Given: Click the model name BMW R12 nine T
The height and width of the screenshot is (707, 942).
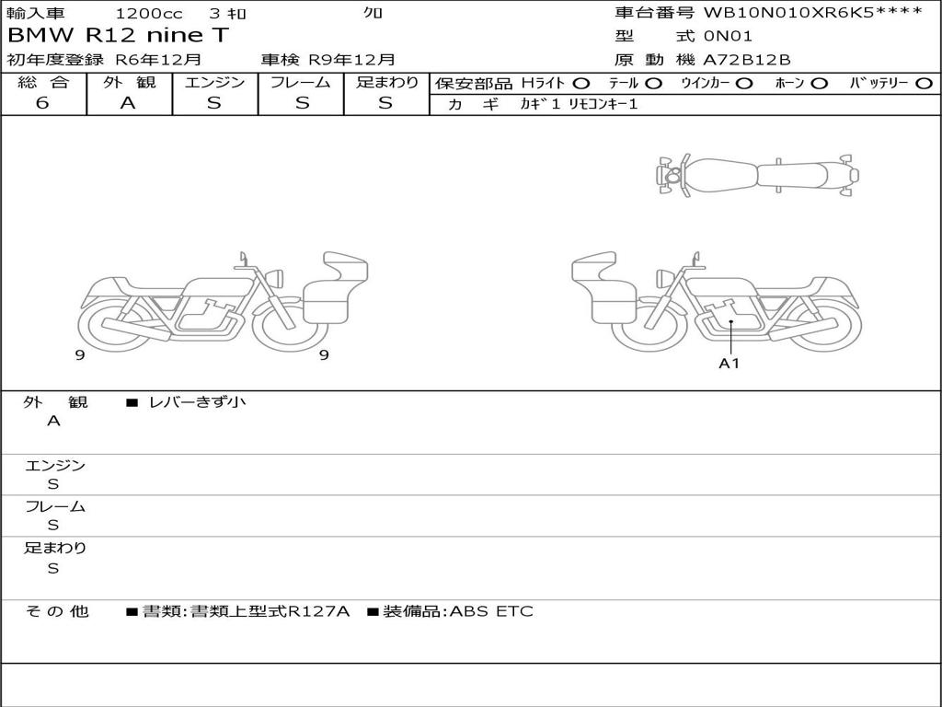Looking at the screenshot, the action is [119, 35].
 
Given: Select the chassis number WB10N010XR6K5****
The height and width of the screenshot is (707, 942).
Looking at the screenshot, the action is [813, 12].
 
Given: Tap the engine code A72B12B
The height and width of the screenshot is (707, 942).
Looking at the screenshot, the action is [747, 60].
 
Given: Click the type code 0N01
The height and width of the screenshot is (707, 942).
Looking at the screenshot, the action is [728, 36].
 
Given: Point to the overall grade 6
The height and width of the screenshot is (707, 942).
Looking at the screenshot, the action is [42, 103].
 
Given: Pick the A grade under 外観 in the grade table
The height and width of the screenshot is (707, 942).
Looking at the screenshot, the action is [128, 103].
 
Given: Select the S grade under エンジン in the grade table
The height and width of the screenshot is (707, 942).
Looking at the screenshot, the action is [213, 103].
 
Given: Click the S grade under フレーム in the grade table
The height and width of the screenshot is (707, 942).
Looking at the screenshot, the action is [302, 103].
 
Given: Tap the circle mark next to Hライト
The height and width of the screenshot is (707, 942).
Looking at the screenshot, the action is [581, 84].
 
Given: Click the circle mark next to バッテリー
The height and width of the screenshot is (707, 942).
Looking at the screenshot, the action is [925, 84].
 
